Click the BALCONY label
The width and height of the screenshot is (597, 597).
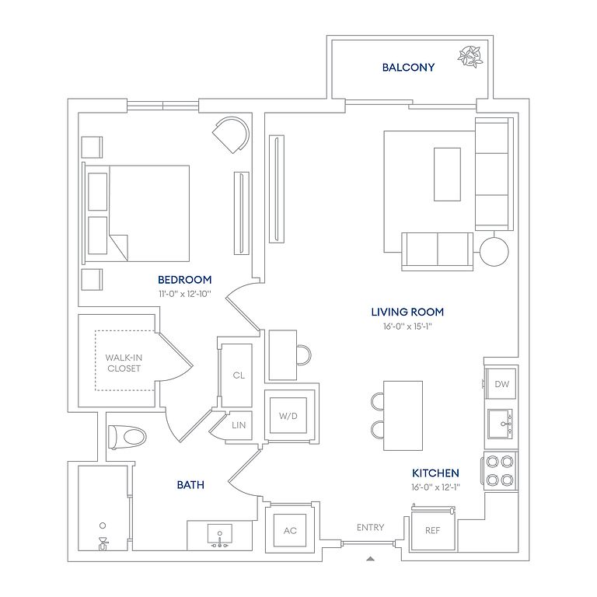point(408,68)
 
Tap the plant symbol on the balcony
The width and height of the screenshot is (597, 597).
point(470,57)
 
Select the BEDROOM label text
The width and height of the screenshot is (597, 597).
point(185,280)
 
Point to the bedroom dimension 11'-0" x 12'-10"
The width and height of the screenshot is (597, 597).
point(184,295)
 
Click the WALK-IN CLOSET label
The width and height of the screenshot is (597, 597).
point(124,363)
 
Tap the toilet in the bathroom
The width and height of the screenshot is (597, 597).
point(126,437)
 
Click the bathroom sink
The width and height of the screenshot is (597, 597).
point(221,536)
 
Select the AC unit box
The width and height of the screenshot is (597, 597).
point(290,531)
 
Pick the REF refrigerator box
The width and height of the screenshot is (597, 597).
point(433,531)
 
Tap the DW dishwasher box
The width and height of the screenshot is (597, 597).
point(501,384)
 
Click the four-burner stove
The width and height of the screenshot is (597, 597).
point(501,469)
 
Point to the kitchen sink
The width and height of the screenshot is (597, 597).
point(501,424)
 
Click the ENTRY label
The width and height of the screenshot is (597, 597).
point(370,528)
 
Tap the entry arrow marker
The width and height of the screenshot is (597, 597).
point(371,557)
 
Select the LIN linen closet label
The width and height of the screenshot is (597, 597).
point(239,425)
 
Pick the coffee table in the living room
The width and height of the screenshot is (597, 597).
point(446,174)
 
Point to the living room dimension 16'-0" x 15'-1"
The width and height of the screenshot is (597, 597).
point(407,326)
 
